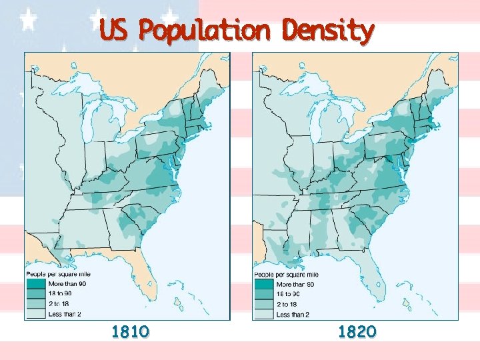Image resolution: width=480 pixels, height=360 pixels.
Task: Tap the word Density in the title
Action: coord(327,30)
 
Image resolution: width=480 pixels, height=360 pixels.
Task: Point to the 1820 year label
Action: coord(357,331)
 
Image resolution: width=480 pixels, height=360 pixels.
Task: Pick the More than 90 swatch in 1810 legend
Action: coord(36,284)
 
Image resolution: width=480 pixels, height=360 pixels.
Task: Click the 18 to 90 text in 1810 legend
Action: coord(63,293)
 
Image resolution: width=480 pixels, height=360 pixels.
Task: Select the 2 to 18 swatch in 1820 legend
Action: coord(264,304)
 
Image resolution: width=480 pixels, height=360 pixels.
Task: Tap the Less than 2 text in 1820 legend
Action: coord(293,314)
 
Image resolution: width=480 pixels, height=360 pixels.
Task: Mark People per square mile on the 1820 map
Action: coord(287,274)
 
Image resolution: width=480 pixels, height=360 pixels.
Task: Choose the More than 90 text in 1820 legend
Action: coord(296,284)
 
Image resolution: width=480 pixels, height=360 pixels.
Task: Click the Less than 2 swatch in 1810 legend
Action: coord(36,313)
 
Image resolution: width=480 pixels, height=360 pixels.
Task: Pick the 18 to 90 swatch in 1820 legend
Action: coord(264,294)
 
